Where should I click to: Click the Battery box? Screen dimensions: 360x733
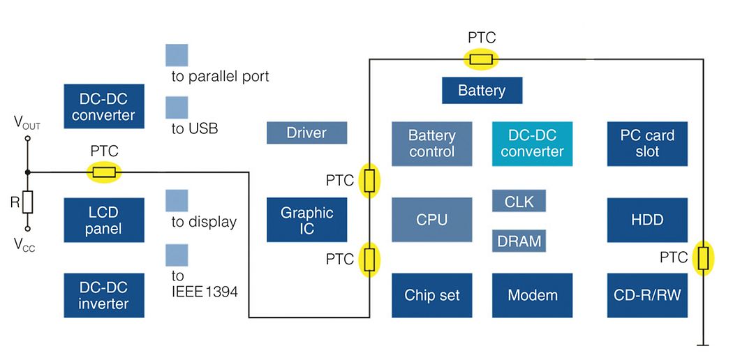pos(482,91)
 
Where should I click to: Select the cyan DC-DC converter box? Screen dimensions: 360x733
pos(532,144)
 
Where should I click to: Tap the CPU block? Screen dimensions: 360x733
pos(431,220)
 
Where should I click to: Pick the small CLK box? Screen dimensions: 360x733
pos(519,201)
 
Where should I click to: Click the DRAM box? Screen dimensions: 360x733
pos(519,241)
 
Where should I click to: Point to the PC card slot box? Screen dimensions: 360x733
pos(647,144)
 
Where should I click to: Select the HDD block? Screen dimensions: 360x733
pos(647,220)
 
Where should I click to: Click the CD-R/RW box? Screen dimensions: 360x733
pos(647,295)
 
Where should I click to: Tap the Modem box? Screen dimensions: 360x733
pos(532,295)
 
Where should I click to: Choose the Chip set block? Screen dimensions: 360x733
pos(431,295)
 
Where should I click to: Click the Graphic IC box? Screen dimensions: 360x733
pos(306,220)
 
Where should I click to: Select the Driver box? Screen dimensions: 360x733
pos(306,133)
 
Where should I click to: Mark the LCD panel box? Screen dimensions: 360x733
pos(104,220)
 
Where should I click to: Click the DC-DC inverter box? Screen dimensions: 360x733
pos(104,295)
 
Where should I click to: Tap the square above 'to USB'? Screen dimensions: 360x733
pos(177,107)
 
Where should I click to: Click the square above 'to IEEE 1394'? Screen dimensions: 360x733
pos(177,255)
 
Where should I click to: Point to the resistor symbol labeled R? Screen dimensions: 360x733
pos(27,202)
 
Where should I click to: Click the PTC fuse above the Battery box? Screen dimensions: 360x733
pos(481,59)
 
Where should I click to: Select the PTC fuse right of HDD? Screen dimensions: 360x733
pos(703,258)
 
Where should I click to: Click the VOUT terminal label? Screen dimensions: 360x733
pos(27,124)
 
